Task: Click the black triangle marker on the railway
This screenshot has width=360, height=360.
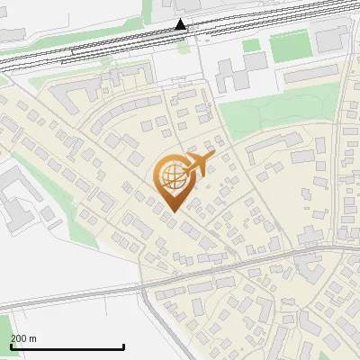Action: click(x=181, y=24)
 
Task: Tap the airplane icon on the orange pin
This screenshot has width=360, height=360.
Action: click(x=197, y=165)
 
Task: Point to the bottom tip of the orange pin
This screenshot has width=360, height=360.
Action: click(x=170, y=211)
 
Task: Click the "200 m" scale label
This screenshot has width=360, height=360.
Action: click(x=23, y=338)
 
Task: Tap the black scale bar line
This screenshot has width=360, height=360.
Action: click(x=67, y=346)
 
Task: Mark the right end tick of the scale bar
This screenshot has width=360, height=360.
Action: click(x=123, y=346)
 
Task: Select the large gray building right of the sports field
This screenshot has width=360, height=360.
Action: click(x=330, y=38)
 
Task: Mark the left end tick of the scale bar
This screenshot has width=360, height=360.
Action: click(x=11, y=346)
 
